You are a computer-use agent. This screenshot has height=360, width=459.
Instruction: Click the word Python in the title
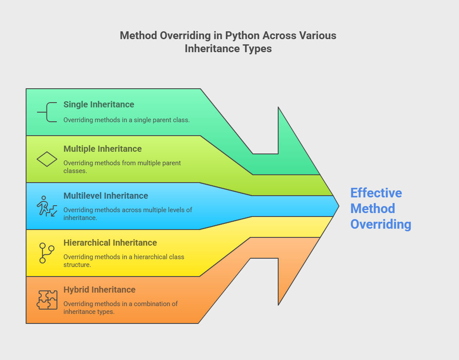click(242, 36)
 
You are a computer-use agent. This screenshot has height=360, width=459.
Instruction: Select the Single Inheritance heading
click(99, 105)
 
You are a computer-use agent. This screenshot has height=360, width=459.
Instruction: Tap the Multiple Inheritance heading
click(103, 149)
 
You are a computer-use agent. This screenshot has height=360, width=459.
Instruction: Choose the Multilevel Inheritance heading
click(106, 196)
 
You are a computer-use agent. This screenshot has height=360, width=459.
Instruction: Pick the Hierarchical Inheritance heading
click(110, 243)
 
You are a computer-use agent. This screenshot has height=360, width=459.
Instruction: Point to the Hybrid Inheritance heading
click(99, 290)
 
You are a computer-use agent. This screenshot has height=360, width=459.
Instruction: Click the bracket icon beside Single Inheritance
click(47, 112)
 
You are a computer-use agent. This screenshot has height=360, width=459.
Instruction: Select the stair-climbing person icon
click(47, 206)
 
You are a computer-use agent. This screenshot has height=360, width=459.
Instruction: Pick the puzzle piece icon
click(47, 300)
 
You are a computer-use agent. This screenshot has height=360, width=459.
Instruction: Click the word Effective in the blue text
click(376, 193)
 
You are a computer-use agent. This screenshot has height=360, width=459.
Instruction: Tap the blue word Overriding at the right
click(381, 224)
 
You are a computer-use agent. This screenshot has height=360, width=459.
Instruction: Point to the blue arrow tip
click(339, 206)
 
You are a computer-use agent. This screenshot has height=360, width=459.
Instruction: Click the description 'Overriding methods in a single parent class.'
click(126, 120)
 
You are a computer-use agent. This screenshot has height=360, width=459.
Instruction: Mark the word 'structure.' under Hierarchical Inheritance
click(77, 265)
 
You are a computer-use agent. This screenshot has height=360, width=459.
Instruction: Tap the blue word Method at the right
click(373, 209)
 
